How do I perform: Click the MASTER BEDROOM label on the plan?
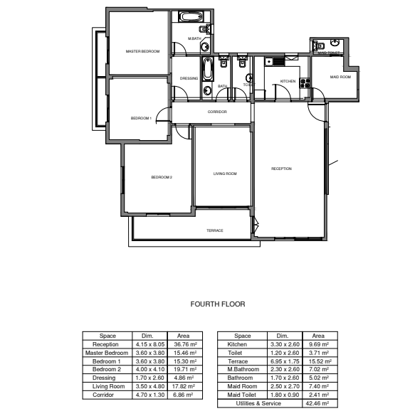(142, 52)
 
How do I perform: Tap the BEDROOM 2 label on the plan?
(162, 177)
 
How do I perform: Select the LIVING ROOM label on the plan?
(225, 174)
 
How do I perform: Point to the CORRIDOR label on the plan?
(217, 112)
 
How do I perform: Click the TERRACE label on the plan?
(215, 230)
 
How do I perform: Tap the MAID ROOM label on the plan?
(340, 77)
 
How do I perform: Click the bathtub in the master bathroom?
(189, 17)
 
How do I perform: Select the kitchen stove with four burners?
(306, 83)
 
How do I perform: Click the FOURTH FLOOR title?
(218, 304)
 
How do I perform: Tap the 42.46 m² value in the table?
(318, 403)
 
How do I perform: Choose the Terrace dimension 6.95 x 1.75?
(282, 361)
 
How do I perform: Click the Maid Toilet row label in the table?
(243, 395)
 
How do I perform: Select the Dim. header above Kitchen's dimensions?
(282, 336)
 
